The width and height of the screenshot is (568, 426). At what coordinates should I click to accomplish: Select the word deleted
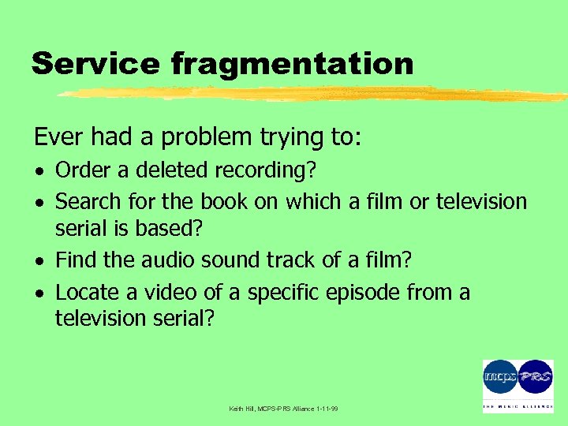(x=154, y=170)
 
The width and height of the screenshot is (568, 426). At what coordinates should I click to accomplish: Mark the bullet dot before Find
(x=39, y=260)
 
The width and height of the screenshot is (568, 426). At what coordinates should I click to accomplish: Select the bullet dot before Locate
(x=39, y=293)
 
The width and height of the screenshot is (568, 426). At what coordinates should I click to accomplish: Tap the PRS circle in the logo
(x=536, y=377)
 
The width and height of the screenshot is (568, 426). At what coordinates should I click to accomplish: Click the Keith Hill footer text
(x=283, y=409)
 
